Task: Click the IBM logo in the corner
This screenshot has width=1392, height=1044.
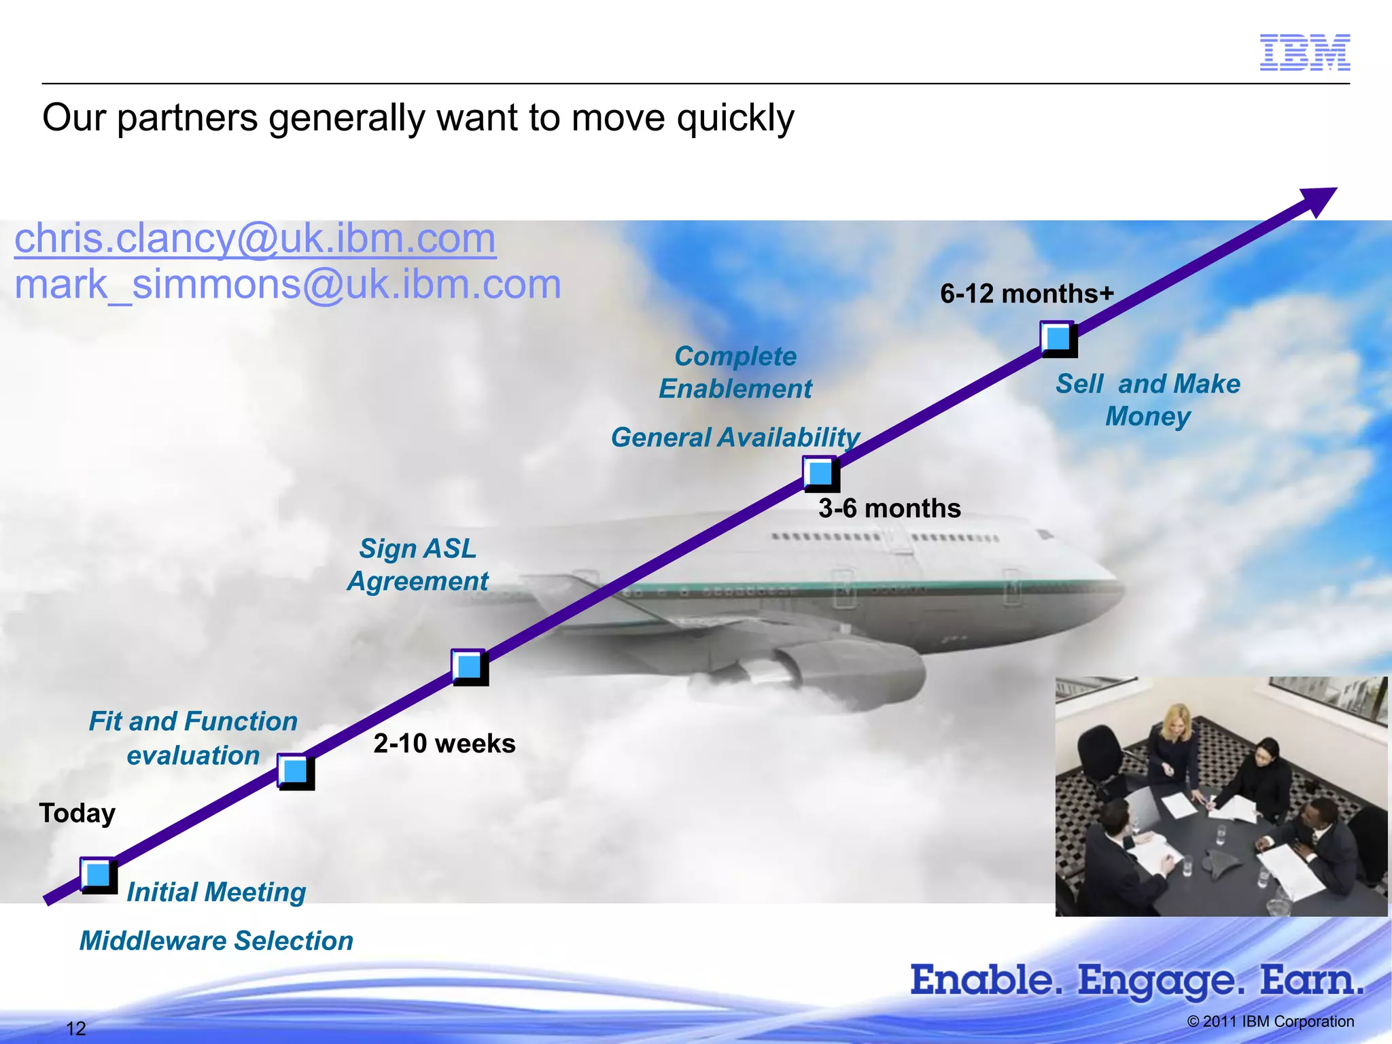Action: point(1304,52)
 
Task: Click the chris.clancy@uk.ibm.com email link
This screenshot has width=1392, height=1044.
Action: point(255,239)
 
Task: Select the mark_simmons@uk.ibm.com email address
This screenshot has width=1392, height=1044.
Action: point(288,284)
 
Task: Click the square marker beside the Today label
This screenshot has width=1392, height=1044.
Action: point(98,875)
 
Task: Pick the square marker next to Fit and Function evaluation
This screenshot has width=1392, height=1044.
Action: point(295,771)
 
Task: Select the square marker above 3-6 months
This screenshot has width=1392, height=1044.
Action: point(820,473)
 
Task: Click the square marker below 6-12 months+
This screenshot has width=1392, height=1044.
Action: point(1058,338)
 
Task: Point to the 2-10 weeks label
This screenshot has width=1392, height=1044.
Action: point(444,744)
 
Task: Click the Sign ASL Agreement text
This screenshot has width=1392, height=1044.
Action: point(417,565)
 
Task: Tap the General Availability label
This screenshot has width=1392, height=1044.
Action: point(735,437)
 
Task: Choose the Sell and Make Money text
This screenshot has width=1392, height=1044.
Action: point(1147,400)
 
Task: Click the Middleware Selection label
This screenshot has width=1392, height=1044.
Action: point(216,941)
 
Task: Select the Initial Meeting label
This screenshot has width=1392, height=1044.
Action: point(216,892)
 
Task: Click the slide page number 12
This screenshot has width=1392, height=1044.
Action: point(75,1028)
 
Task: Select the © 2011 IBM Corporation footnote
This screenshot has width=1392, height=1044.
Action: point(1270,1022)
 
